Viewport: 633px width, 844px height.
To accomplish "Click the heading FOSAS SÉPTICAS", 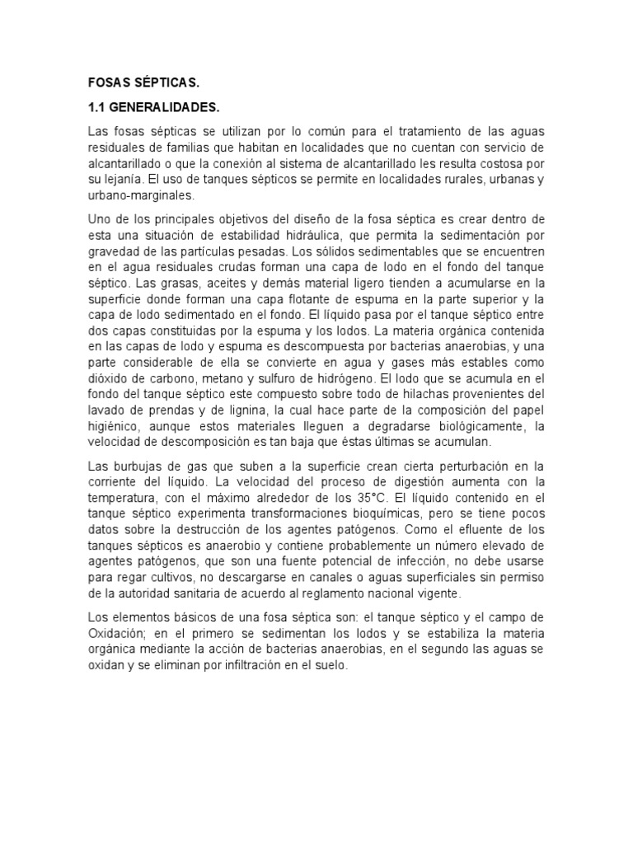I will [143, 83].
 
